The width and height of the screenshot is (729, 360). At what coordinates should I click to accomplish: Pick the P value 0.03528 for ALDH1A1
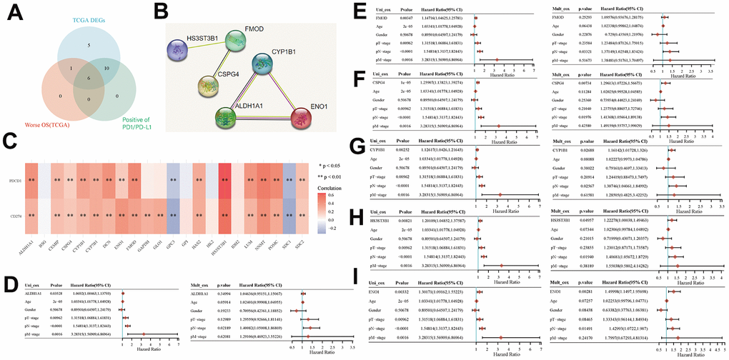[57, 293]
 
